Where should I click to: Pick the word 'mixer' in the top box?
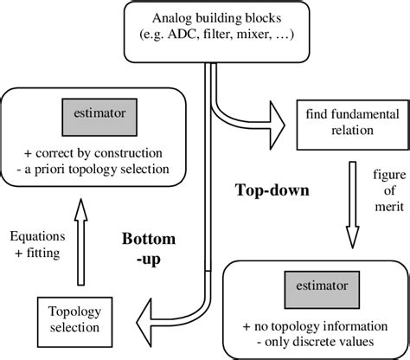266,36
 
